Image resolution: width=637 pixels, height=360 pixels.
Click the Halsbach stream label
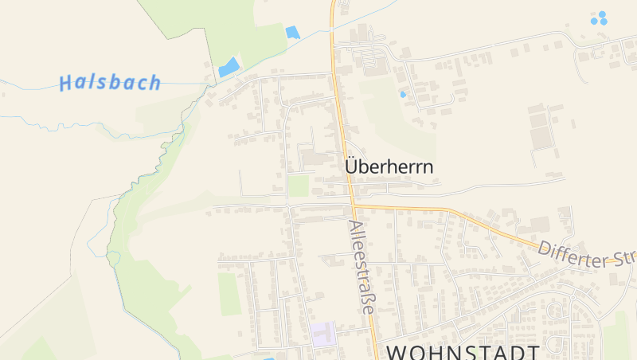click(x=110, y=82)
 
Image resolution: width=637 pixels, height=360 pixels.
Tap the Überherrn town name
click(x=389, y=167)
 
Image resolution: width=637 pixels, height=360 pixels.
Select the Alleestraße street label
click(x=361, y=268)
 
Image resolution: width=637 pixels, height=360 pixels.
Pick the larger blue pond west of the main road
click(x=229, y=67)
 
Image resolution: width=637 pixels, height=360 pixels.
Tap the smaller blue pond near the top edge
click(x=292, y=33)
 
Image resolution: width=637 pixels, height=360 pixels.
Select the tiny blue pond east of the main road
click(x=403, y=94)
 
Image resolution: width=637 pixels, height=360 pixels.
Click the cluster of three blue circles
click(x=599, y=18)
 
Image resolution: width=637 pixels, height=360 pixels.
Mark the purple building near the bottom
click(x=323, y=334)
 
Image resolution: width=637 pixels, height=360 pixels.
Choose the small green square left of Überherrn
click(x=299, y=186)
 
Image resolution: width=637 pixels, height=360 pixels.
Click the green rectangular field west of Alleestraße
click(x=229, y=293)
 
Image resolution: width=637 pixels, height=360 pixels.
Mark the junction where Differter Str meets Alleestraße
click(x=353, y=206)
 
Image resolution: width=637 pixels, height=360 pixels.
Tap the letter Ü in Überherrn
click(x=352, y=166)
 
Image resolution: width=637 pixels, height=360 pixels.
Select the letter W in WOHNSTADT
click(x=397, y=351)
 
